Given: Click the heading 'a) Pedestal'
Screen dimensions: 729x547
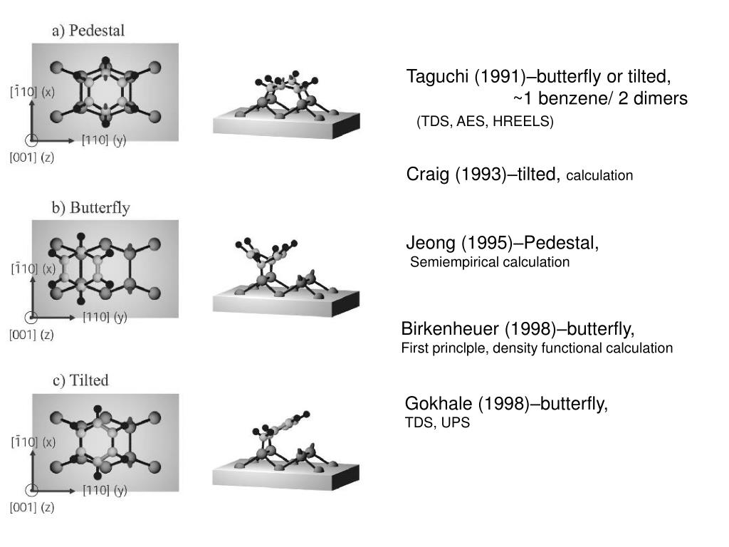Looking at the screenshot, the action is click(x=88, y=31).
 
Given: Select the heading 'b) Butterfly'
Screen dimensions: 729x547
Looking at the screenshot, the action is click(x=90, y=208).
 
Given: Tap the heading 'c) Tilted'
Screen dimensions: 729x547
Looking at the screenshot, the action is click(x=80, y=380).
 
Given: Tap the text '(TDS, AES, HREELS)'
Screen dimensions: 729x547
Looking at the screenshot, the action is click(x=485, y=121).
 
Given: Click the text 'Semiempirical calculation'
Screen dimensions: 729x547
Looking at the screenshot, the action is click(x=491, y=262).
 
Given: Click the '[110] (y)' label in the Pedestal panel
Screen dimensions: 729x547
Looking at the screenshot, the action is click(x=104, y=140).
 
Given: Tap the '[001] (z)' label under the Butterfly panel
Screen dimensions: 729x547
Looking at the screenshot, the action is click(x=31, y=334).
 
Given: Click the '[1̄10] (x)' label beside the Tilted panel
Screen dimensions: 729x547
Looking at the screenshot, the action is click(x=32, y=442).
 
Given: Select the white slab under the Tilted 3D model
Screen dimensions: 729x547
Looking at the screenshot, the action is click(x=285, y=474).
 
